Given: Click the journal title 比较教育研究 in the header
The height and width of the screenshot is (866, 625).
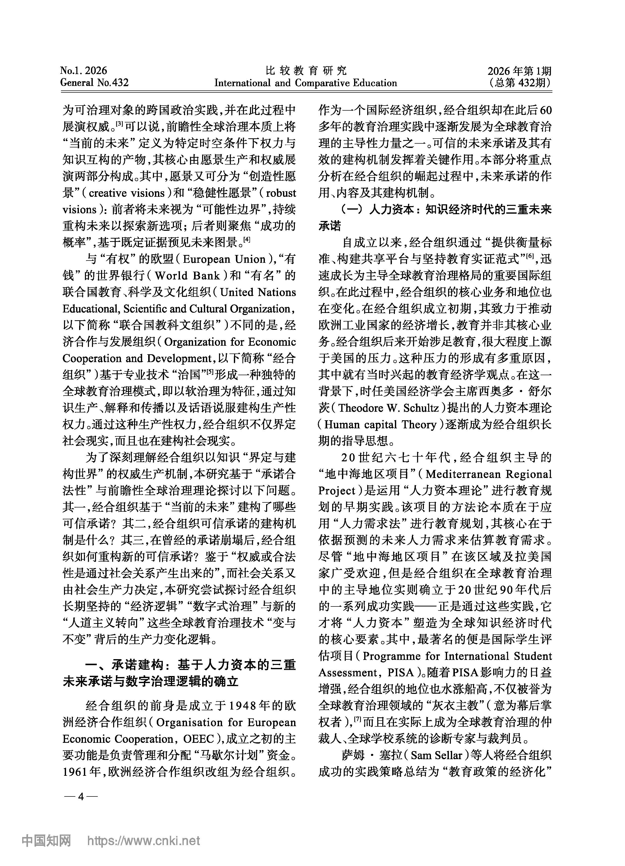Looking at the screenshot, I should coord(306,70).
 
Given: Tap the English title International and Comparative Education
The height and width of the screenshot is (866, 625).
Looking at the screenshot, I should coord(306,83).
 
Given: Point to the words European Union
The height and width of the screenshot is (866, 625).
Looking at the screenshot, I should coord(224,259).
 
